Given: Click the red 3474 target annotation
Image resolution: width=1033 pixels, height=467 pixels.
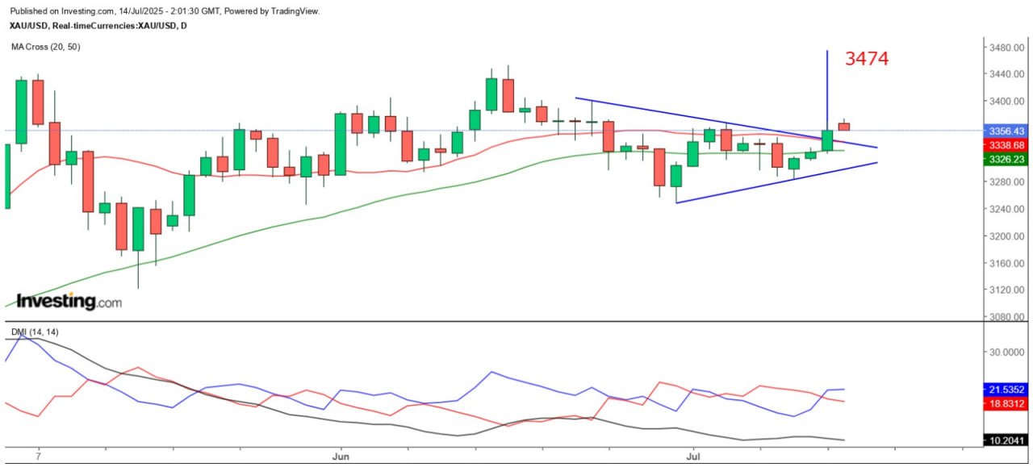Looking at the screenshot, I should tap(867, 58).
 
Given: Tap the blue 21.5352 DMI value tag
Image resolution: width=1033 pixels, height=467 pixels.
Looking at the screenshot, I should tap(1006, 389).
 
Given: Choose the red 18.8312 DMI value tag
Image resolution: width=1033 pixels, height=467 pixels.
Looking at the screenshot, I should tap(1006, 404).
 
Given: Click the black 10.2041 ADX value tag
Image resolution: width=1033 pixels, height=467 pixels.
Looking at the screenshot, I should tap(1006, 440).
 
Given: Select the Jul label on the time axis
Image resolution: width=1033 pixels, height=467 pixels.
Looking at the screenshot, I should tap(692, 456).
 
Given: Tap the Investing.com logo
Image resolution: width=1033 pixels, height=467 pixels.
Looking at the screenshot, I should tap(69, 301).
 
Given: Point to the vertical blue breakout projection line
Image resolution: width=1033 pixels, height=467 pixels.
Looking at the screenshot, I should tap(827, 89).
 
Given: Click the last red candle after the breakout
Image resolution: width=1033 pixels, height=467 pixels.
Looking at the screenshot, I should tap(843, 126).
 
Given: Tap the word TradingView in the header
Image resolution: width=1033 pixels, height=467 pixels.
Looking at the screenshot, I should tap(295, 11).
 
